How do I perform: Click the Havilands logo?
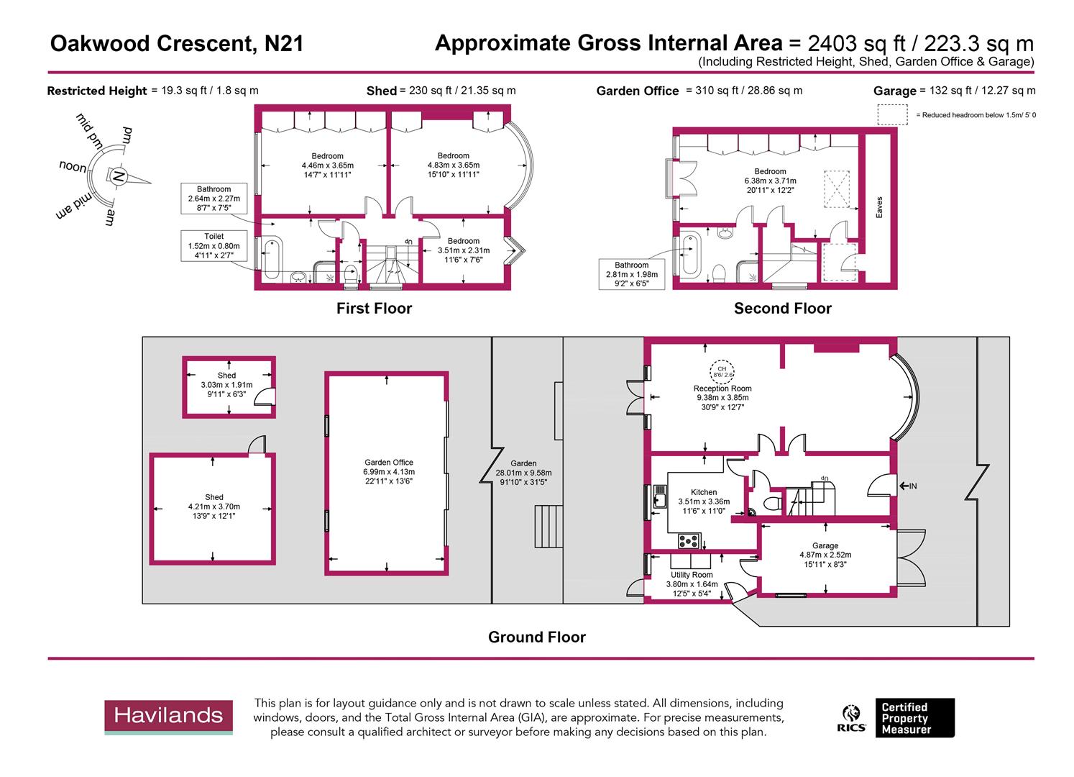[169, 716]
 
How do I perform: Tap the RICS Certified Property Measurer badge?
[898, 718]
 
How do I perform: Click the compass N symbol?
[118, 176]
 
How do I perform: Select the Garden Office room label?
[388, 472]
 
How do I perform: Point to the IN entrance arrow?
[909, 486]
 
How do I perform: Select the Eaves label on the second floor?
[878, 207]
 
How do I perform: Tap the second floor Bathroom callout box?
[630, 274]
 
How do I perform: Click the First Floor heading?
[374, 309]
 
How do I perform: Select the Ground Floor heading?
[536, 637]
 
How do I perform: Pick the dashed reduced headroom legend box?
[892, 115]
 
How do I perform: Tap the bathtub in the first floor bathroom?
[271, 260]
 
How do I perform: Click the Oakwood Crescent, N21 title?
[176, 45]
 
